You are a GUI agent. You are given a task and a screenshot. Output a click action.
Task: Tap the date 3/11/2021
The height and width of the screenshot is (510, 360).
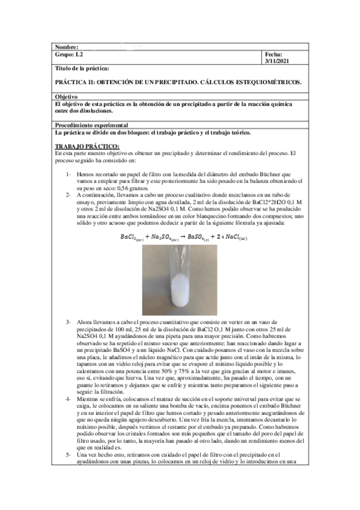point(278,61)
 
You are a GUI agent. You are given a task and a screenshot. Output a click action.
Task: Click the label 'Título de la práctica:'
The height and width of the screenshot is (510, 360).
point(82,70)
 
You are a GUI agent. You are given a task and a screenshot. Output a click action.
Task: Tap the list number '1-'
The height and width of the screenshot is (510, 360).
point(69,174)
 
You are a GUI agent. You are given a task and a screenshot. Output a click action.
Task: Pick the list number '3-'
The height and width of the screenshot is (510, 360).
point(69,322)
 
